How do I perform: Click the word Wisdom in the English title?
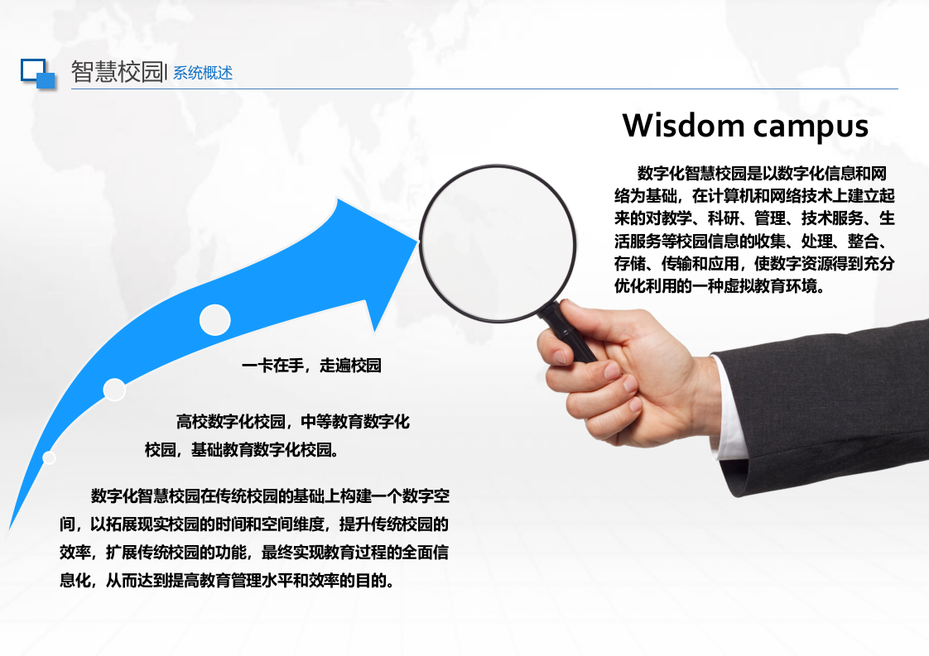[683, 126]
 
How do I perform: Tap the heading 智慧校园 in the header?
[117, 72]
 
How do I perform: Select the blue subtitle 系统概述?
[203, 73]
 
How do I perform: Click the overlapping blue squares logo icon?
[37, 73]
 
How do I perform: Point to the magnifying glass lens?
[497, 243]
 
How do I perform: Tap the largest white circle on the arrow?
[215, 320]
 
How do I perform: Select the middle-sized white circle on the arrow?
[114, 390]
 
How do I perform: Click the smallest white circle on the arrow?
[50, 457]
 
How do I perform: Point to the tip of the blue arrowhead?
[417, 240]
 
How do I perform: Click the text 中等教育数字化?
[355, 422]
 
